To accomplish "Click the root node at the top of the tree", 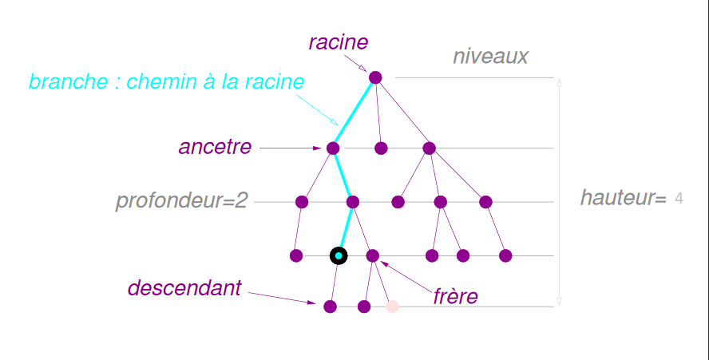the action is pyautogui.click(x=375, y=77).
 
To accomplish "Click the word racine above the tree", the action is pyautogui.click(x=339, y=42).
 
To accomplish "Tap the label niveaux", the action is pyautogui.click(x=490, y=57).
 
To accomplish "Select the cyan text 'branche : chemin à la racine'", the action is pyautogui.click(x=166, y=81).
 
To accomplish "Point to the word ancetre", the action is pyautogui.click(x=215, y=147).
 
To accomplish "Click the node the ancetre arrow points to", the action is pyautogui.click(x=333, y=148).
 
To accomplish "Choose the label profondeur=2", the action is pyautogui.click(x=182, y=200).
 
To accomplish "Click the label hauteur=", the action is pyautogui.click(x=623, y=198).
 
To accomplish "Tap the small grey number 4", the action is pyautogui.click(x=679, y=198).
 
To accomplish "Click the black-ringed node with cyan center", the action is pyautogui.click(x=339, y=255).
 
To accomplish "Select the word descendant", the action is pyautogui.click(x=184, y=288).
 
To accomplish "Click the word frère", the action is pyautogui.click(x=455, y=297).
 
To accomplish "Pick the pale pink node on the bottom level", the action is pyautogui.click(x=392, y=307).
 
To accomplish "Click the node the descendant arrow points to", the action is pyautogui.click(x=331, y=306).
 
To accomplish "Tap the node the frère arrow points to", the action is pyautogui.click(x=372, y=255).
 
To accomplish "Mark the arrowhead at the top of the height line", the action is pyautogui.click(x=559, y=81).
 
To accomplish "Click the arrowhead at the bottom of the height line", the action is pyautogui.click(x=559, y=302).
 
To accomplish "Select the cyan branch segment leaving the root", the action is pyautogui.click(x=354, y=113).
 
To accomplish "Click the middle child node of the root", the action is pyautogui.click(x=381, y=148).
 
